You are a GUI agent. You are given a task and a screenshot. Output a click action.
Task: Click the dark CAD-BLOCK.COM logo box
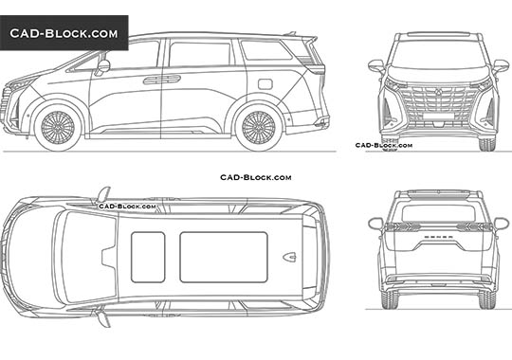coord(64,33)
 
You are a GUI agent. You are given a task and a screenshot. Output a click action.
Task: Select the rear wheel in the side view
coord(259,128)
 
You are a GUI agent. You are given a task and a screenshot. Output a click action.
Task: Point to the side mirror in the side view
coord(101,66)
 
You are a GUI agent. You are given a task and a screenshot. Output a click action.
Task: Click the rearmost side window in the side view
coord(266,52)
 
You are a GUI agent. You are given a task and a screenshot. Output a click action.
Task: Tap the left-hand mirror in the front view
coord(375,65)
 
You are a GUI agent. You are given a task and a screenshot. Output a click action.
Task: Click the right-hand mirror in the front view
coord(498,65)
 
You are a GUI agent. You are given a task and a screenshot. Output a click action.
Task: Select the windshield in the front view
coord(437,53)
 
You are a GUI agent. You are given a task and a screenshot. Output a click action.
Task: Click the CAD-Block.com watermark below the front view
coord(383,145)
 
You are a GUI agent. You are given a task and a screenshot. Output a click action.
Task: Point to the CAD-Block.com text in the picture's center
coord(256,177)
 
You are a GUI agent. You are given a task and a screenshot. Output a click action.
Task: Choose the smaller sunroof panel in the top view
coord(147,256)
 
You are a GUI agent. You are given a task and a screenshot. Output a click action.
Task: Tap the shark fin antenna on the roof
coord(289,256)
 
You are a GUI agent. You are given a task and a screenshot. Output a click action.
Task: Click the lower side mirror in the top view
coord(103,318)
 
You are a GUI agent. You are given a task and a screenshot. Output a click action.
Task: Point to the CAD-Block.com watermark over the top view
coord(119,204)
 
